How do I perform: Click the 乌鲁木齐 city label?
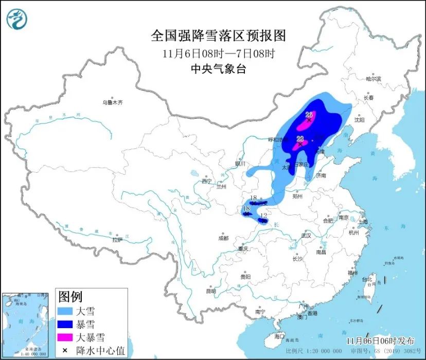coord(113,103)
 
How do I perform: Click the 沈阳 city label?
coord(359,120)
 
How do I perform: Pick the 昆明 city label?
coord(211,291)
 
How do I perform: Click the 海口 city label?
coord(279,336)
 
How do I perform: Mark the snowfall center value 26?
coord(309,115)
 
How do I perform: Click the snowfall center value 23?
coord(301,138)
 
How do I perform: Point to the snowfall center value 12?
coord(263,215)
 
